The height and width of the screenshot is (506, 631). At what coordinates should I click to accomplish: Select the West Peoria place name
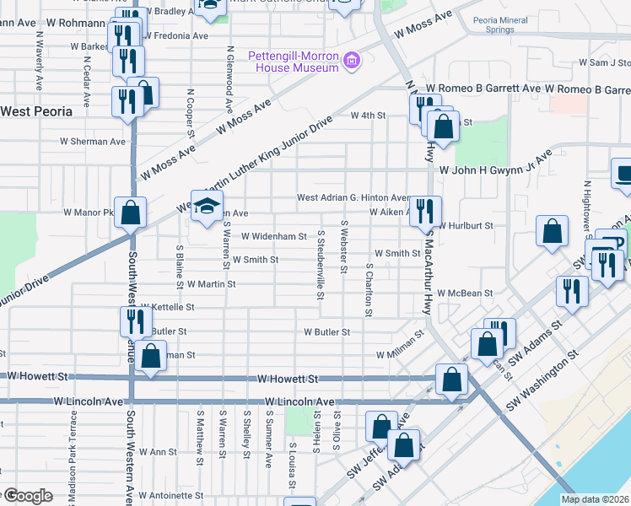click(35, 110)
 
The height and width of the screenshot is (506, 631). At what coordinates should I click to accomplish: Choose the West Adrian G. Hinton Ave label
click(353, 198)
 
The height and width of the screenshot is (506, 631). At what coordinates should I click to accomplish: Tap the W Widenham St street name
click(274, 237)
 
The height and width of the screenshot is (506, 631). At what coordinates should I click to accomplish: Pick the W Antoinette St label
click(171, 495)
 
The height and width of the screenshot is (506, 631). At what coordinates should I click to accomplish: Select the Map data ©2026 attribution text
click(595, 499)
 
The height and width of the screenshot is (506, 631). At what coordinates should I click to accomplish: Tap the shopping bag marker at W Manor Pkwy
click(131, 212)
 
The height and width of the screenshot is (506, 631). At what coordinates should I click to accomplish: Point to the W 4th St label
click(368, 116)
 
